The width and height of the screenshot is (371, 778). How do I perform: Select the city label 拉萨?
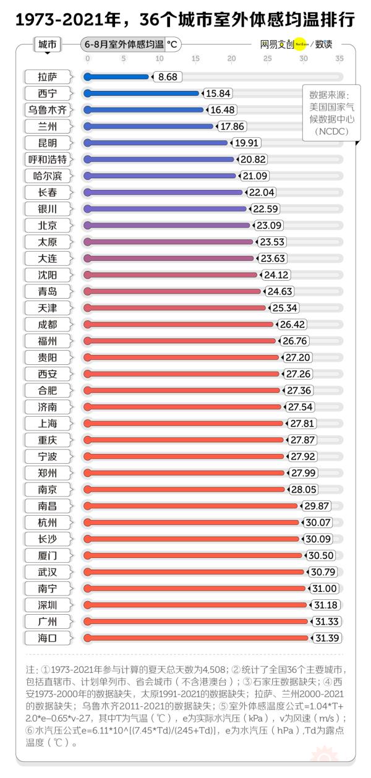tap(47, 77)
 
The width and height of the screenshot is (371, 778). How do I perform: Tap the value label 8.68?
tap(168, 77)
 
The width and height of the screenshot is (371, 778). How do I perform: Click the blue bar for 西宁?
tap(142, 93)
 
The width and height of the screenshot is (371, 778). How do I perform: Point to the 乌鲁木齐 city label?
tap(47, 110)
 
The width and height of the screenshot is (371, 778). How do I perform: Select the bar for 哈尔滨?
tap(161, 176)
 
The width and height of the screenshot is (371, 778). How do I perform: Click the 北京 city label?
tap(47, 225)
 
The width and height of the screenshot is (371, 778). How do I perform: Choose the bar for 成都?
tap(179, 324)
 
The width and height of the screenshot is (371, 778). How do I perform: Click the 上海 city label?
tap(47, 423)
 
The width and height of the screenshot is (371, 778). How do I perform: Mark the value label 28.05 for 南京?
tap(304, 489)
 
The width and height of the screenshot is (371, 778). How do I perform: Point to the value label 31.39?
tap(328, 638)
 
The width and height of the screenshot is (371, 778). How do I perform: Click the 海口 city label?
tap(47, 638)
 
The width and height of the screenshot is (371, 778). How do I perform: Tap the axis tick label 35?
tap(339, 59)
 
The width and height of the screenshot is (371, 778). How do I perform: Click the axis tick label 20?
tap(231, 59)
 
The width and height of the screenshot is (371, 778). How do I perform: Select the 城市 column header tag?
tap(48, 45)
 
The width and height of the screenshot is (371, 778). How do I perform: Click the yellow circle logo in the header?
tap(301, 45)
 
